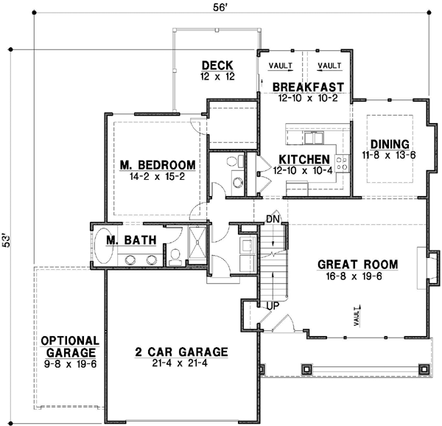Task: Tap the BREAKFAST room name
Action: [309, 87]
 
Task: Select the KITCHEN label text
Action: [304, 159]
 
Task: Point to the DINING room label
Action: [389, 144]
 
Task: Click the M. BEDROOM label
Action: [157, 164]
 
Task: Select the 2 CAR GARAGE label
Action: [180, 352]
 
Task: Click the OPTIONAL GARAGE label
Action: [70, 346]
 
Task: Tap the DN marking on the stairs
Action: [272, 219]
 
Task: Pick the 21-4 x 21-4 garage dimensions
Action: [180, 363]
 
